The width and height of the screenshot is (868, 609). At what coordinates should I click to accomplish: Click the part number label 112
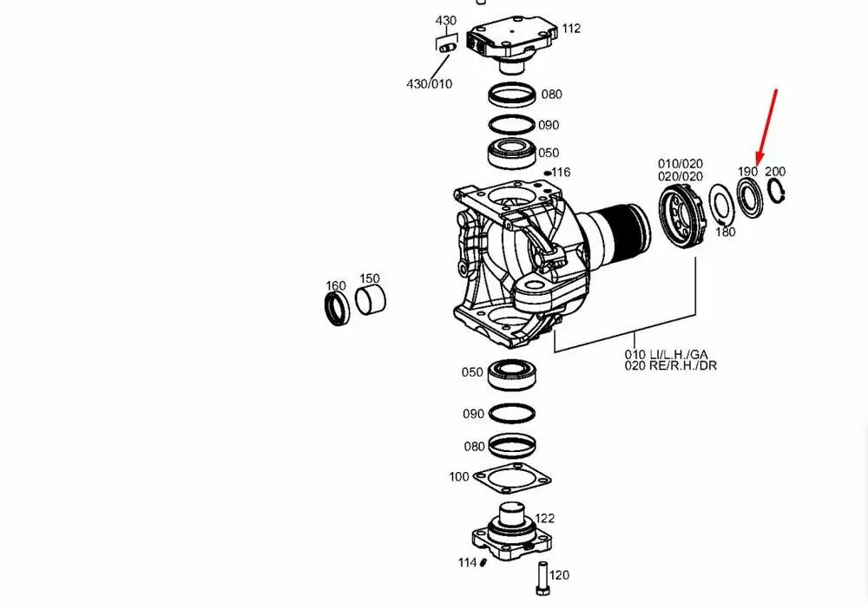[570, 29]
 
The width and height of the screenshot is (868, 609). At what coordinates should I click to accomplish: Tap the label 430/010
[430, 83]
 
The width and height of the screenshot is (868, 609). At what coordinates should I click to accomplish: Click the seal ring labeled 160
[336, 309]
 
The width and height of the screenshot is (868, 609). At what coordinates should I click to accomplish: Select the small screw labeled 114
[483, 561]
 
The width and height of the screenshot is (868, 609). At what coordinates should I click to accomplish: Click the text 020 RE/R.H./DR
[671, 365]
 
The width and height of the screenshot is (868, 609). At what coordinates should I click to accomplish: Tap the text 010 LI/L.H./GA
[666, 354]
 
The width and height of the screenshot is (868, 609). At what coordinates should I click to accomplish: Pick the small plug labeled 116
[547, 174]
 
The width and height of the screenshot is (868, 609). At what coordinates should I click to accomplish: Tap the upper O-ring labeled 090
[511, 125]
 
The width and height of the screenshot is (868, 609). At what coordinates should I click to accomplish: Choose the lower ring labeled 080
[511, 446]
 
